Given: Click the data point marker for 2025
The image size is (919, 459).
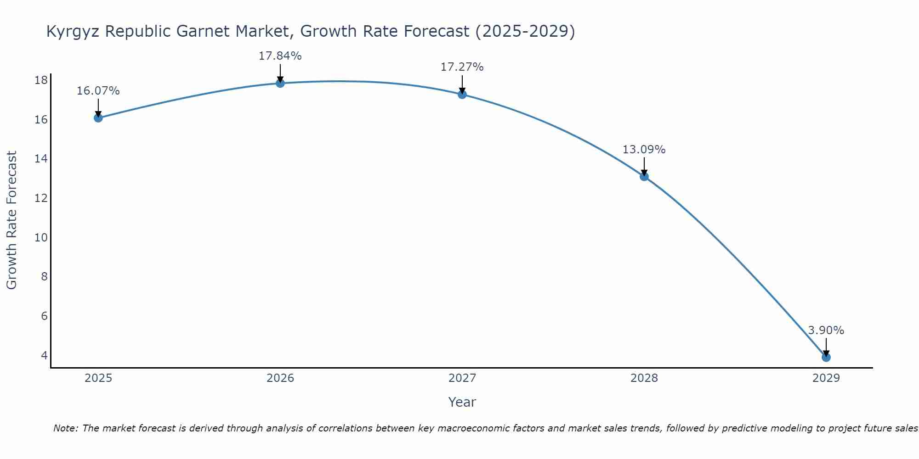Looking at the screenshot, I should pyautogui.click(x=98, y=118).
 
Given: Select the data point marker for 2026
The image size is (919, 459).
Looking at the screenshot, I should pyautogui.click(x=280, y=83).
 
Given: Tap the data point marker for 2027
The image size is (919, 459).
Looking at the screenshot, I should pyautogui.click(x=462, y=95).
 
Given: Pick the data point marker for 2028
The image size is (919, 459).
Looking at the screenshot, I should pyautogui.click(x=644, y=176).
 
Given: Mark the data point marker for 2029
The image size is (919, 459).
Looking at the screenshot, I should pyautogui.click(x=826, y=357).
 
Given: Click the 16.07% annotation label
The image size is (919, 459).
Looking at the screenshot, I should pyautogui.click(x=98, y=91).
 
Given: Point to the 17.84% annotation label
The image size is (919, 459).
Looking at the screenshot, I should pyautogui.click(x=280, y=56).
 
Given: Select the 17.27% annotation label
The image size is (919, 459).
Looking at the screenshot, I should pyautogui.click(x=462, y=67).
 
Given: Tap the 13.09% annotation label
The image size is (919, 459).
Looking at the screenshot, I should pyautogui.click(x=644, y=150).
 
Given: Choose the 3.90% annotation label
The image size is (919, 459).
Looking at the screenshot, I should pyautogui.click(x=826, y=330).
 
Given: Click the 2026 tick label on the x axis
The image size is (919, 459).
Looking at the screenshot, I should pyautogui.click(x=280, y=378).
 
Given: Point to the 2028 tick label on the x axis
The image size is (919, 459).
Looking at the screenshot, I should pyautogui.click(x=644, y=378).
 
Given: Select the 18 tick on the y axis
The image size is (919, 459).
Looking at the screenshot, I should pyautogui.click(x=41, y=80).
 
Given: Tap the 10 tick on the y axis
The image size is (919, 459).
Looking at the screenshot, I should pyautogui.click(x=41, y=237).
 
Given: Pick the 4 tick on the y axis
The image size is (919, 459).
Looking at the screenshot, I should pyautogui.click(x=44, y=355).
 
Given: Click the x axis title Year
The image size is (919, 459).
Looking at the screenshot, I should pyautogui.click(x=462, y=402).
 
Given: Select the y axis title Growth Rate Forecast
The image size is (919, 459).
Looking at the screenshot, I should pyautogui.click(x=11, y=220).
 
